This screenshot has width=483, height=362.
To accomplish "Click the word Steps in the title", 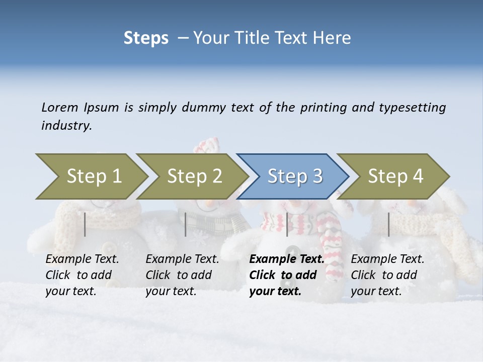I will click(x=146, y=38).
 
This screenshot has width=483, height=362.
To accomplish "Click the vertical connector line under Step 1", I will click(x=85, y=224).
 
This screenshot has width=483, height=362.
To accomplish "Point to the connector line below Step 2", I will click(x=186, y=224).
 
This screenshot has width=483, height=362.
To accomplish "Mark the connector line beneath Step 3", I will click(x=287, y=224).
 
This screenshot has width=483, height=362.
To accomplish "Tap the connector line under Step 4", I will click(x=388, y=224).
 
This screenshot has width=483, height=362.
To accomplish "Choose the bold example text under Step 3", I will click(x=286, y=275).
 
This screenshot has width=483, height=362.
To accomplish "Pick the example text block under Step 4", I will click(x=387, y=275).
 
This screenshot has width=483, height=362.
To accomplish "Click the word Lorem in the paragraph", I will click(x=60, y=108).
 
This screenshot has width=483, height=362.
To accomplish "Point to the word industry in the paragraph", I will click(x=66, y=126).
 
